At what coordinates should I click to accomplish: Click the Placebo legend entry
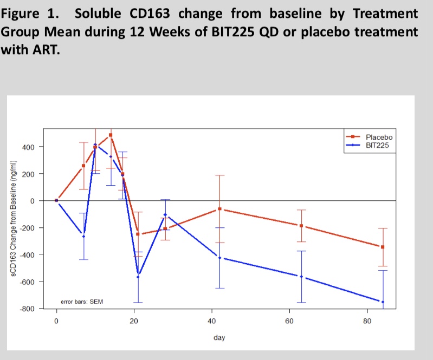[x=369, y=137]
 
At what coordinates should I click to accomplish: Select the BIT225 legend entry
[x=367, y=146]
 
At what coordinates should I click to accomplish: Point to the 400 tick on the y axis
[x=28, y=147]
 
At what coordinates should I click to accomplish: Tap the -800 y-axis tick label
[x=27, y=309]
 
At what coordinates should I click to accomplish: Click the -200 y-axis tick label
[x=27, y=228]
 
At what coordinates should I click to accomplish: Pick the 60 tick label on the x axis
[x=289, y=321]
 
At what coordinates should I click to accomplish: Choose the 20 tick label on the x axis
[x=134, y=321]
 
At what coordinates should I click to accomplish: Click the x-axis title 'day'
[x=219, y=338]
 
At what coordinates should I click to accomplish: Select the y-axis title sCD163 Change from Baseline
[x=13, y=218]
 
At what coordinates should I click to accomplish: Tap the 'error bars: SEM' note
[x=82, y=302]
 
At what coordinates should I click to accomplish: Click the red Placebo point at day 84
[x=383, y=247]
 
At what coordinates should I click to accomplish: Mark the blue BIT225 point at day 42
[x=220, y=258]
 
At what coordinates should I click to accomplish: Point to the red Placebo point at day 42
[x=220, y=209]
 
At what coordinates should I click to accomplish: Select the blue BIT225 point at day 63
[x=301, y=277]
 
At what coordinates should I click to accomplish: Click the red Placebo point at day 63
[x=301, y=226]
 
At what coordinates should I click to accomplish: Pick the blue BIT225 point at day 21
[x=138, y=277]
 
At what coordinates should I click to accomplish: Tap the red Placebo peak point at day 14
[x=111, y=135]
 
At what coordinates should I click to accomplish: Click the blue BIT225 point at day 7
[x=83, y=237]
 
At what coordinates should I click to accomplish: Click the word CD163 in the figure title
[x=150, y=14]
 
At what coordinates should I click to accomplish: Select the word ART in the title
[x=46, y=50]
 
